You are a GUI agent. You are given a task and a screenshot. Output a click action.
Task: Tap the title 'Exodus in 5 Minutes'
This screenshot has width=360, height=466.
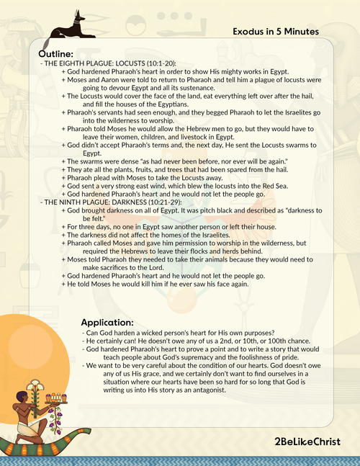276,32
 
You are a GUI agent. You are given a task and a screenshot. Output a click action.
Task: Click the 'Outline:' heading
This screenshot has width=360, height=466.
55,54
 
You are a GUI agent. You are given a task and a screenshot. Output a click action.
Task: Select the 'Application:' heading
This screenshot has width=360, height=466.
107,323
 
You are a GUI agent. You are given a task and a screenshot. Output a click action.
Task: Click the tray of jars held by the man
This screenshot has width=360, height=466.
55,398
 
